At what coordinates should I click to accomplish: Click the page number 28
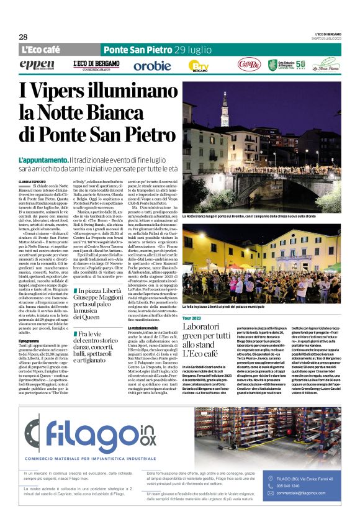click(x=23, y=37)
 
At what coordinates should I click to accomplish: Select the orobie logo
click(x=152, y=65)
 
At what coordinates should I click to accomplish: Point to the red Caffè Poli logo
click(x=248, y=65)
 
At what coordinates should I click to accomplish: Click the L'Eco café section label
click(x=41, y=50)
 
